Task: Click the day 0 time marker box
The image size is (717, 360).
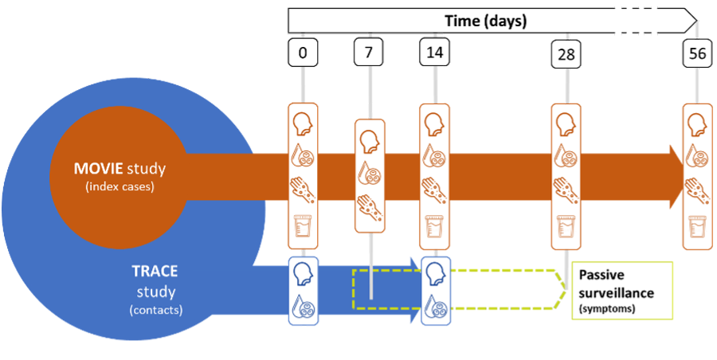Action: coord(303,53)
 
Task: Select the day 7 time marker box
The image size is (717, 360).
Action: coord(368,53)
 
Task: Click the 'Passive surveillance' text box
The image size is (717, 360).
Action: coord(622,290)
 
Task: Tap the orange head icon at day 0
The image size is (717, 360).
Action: coord(303,123)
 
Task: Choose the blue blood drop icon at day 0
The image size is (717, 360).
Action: coord(303,307)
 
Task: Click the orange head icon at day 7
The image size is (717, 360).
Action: coord(368,141)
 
